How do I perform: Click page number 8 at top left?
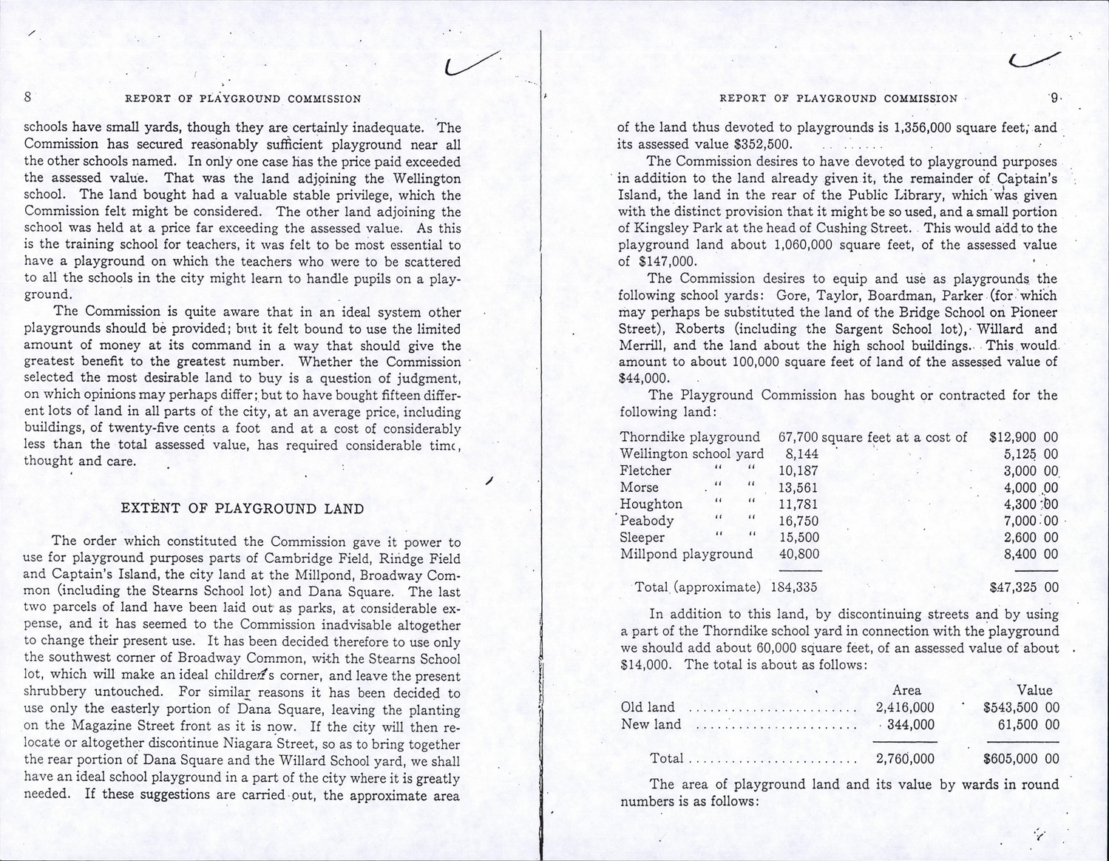pyautogui.click(x=27, y=97)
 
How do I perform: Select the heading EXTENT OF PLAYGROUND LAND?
pyautogui.click(x=243, y=509)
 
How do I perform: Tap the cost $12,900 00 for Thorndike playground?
pyautogui.click(x=1022, y=437)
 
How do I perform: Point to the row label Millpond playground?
pyautogui.click(x=686, y=554)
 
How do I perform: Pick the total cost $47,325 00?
pyautogui.click(x=1023, y=588)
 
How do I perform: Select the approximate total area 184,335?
pyautogui.click(x=796, y=588)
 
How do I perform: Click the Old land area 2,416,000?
pyautogui.click(x=904, y=707)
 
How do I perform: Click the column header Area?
pyautogui.click(x=907, y=690)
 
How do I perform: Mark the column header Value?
pyautogui.click(x=1034, y=690)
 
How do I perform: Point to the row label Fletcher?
pyautogui.click(x=645, y=471)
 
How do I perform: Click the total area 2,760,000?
pyautogui.click(x=904, y=758)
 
